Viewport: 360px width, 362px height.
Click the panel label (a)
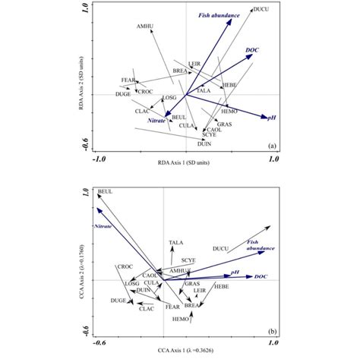[x=270, y=144]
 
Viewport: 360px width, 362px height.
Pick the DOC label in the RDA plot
[x=253, y=50]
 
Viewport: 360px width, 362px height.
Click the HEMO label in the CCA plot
[x=180, y=320]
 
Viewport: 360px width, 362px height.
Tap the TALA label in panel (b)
[x=176, y=243]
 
